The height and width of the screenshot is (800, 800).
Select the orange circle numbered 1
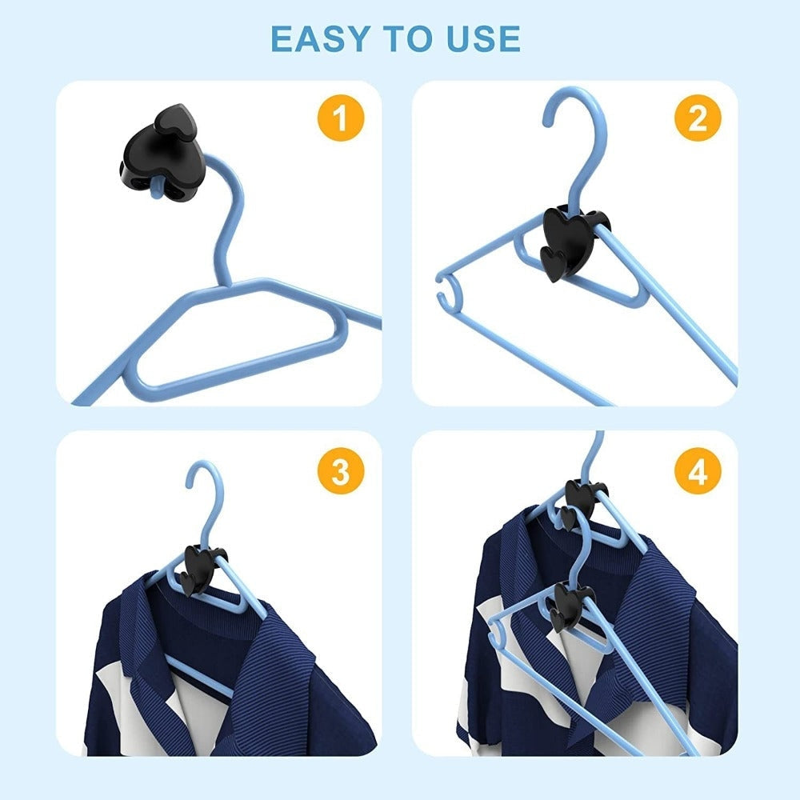pyautogui.click(x=341, y=118)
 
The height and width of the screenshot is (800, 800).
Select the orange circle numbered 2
pyautogui.click(x=698, y=118)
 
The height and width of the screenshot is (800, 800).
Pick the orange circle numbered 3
pyautogui.click(x=341, y=470)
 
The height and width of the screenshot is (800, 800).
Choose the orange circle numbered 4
pyautogui.click(x=698, y=470)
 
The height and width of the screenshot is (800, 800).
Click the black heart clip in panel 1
pyautogui.click(x=162, y=153)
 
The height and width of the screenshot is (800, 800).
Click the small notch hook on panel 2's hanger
pyautogui.click(x=449, y=292)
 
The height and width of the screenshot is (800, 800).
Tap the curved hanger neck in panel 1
pyautogui.click(x=230, y=214)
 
